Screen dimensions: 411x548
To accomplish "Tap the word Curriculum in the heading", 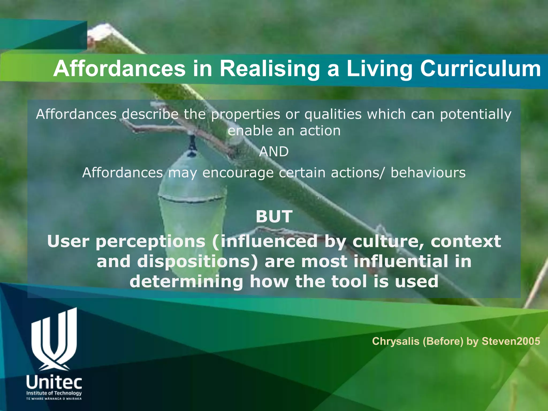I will pos(480,69).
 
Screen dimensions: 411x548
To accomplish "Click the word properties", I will pos(245,115).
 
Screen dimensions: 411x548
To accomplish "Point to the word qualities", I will pos(333,115).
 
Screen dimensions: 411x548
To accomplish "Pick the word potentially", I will pos(476,115).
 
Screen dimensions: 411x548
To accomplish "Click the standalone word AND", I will pos(274,152).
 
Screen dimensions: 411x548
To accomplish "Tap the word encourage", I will pos(238,173).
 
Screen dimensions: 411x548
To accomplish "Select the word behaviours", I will pos(428,173).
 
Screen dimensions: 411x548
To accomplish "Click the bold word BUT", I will pos(274,216).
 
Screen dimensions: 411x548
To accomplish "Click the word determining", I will pos(186,281).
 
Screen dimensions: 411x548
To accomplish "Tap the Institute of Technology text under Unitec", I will pos(54,393).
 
